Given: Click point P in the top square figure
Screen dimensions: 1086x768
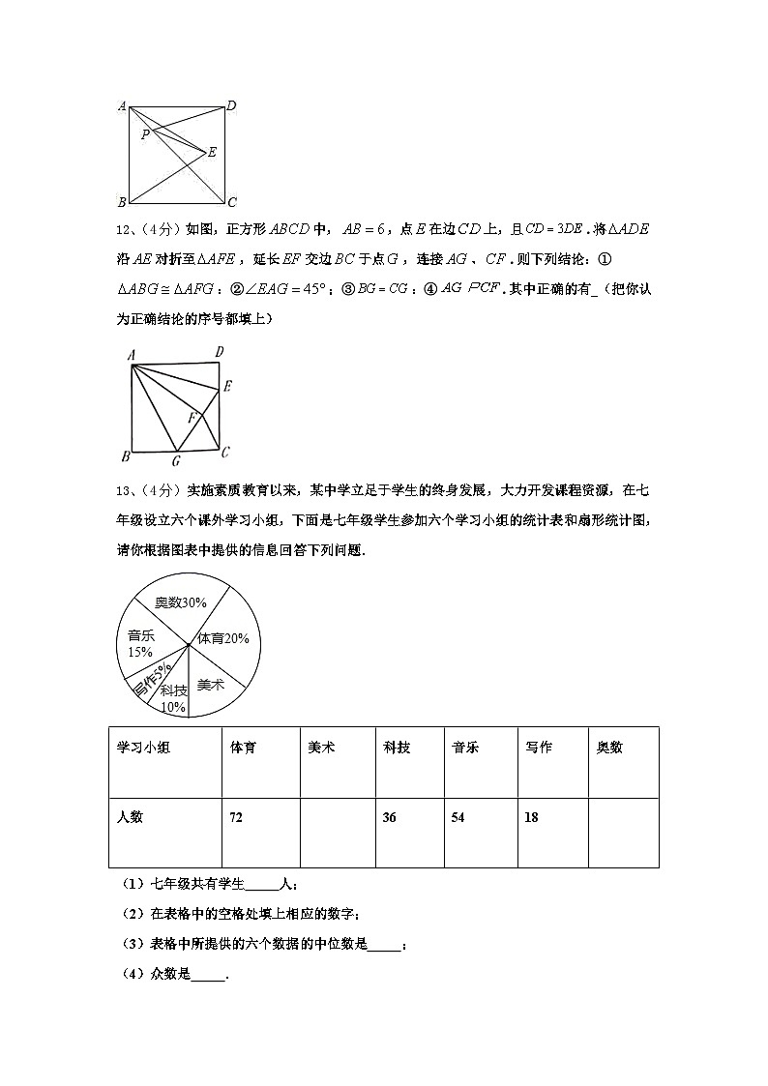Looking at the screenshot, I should click(145, 134).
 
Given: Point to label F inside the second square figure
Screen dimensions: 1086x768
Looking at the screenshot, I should click(192, 418).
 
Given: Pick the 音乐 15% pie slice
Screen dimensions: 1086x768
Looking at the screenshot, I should click(140, 643).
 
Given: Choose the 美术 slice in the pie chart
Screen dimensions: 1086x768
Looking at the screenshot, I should click(211, 684).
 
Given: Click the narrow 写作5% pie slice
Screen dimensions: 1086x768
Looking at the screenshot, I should click(149, 680).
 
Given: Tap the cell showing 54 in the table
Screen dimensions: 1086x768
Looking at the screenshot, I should click(481, 818).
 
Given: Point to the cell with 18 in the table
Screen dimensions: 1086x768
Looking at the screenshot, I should click(552, 818).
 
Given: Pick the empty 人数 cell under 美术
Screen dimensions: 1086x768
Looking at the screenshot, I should click(336, 832).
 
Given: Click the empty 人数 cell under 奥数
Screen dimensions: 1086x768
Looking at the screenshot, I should click(623, 832).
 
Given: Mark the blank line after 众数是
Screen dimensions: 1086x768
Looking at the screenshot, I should click(208, 977).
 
